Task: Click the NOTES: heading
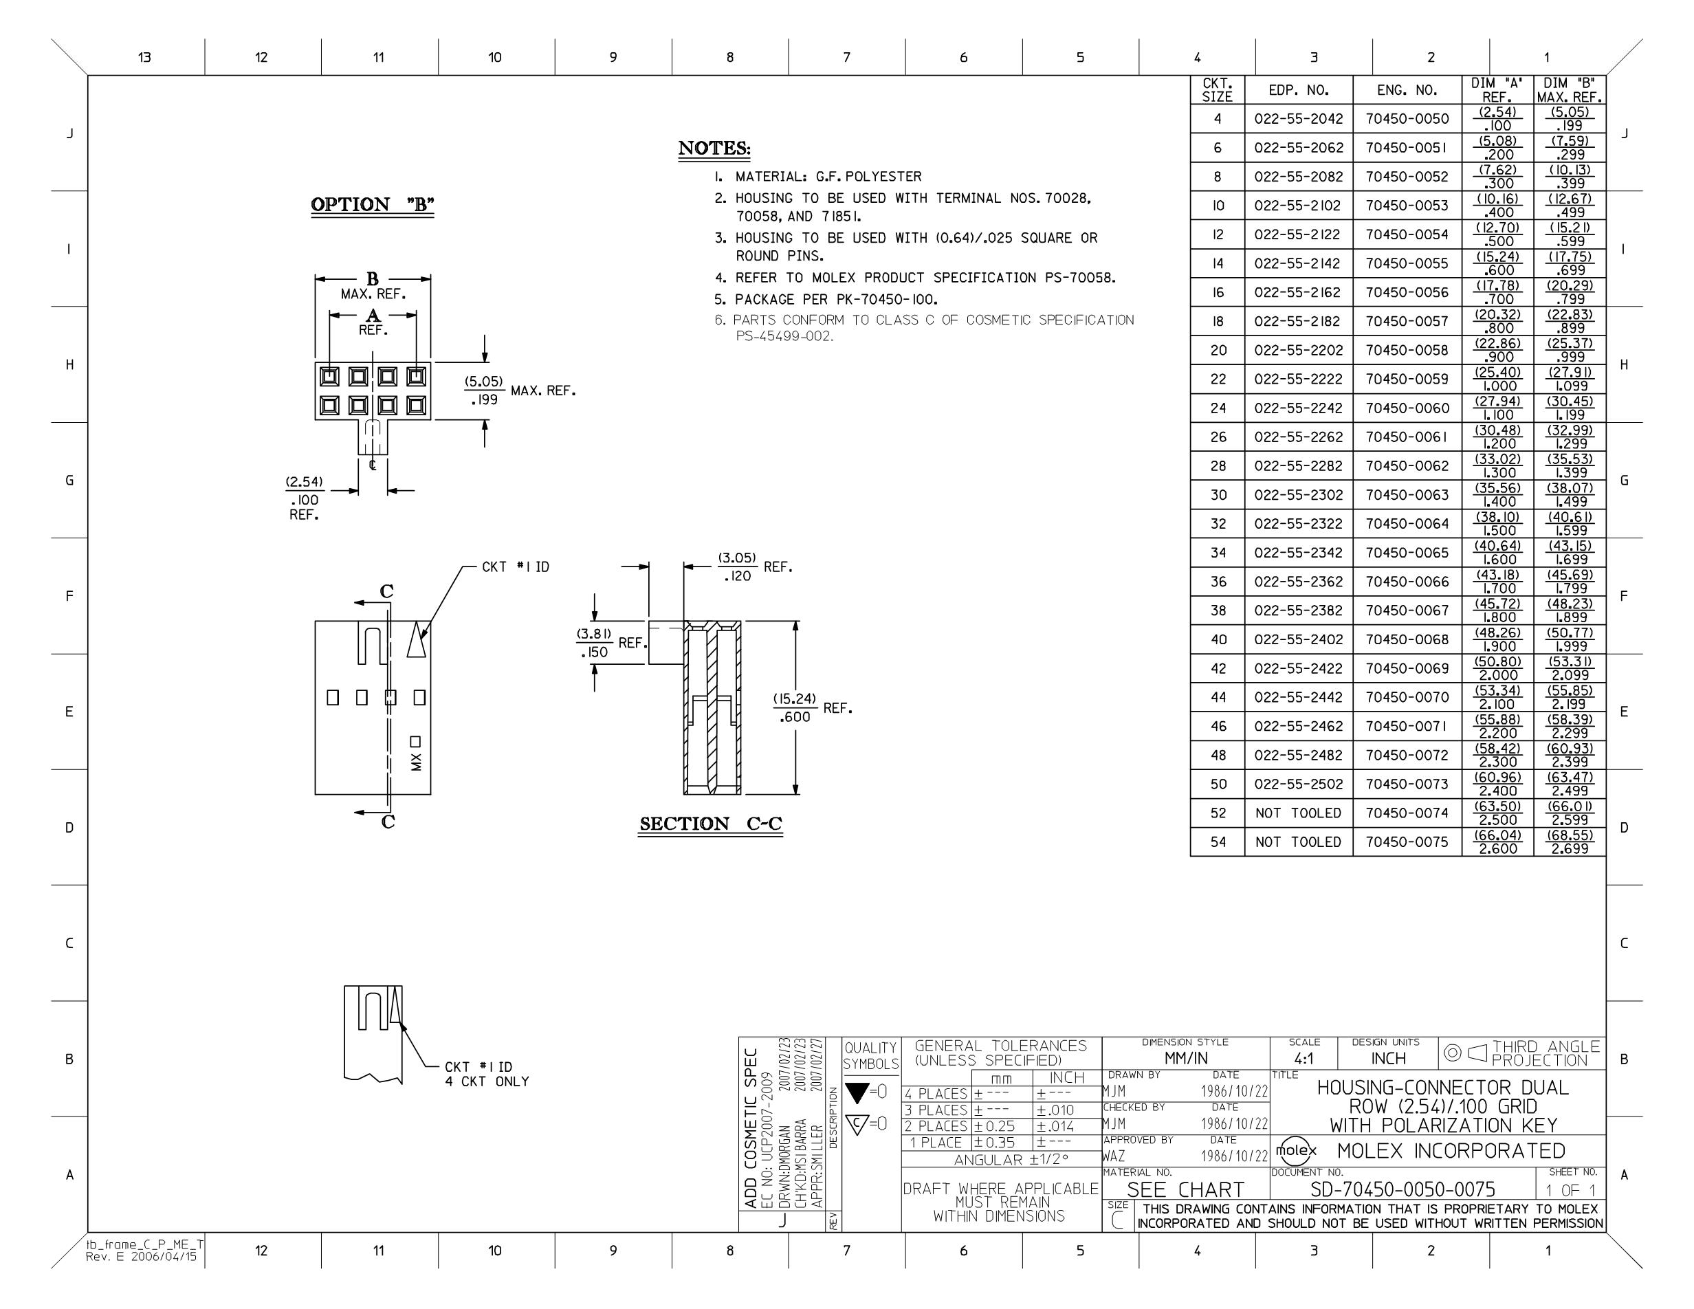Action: [714, 148]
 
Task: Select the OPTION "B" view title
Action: [373, 205]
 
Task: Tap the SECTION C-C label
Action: [710, 824]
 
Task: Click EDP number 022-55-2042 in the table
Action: [1299, 119]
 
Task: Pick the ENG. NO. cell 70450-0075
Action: [1407, 842]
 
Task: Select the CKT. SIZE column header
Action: [1217, 90]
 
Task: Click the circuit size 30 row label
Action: [1218, 495]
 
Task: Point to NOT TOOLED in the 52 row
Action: [1299, 813]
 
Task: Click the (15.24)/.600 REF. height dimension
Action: [812, 708]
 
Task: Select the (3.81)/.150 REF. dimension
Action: [610, 643]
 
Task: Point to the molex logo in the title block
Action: [1296, 1150]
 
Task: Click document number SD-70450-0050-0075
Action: [1402, 1189]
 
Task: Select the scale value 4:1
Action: [1304, 1059]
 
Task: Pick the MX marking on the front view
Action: [417, 762]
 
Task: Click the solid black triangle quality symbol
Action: [857, 1093]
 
